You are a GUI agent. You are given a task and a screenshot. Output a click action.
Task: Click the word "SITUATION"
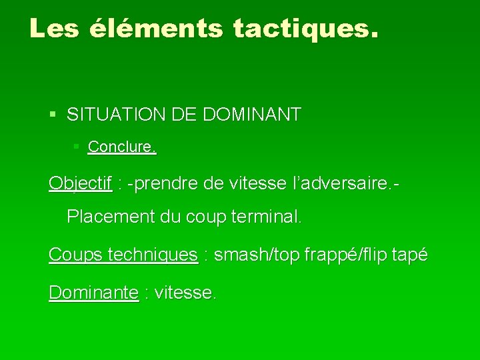111,115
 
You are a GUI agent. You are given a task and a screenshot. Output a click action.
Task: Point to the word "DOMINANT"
253,115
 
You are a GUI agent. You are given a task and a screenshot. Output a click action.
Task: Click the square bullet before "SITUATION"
53,115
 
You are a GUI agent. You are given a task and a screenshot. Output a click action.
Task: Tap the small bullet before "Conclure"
77,146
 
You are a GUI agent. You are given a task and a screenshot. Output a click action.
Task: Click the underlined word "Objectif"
80,183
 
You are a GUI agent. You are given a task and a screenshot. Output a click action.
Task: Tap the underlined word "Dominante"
93,292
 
